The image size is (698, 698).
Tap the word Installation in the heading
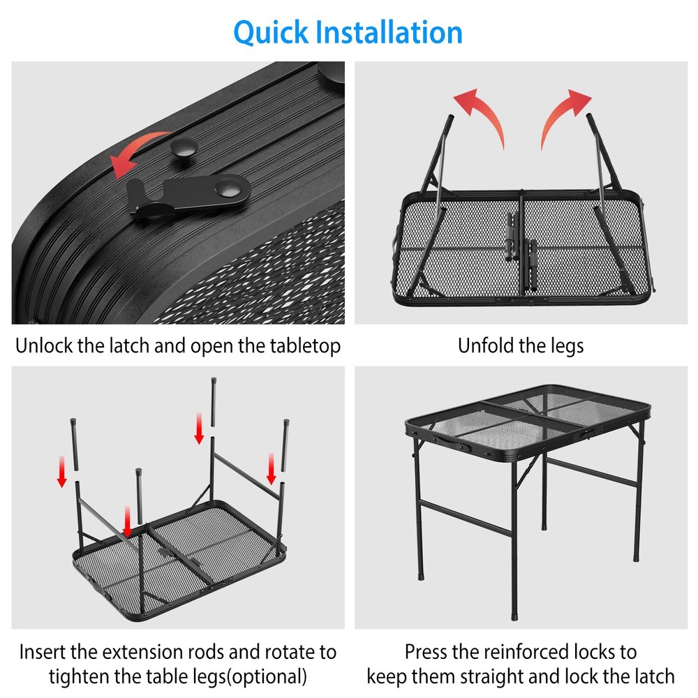(x=388, y=32)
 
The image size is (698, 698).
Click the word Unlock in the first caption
(x=45, y=346)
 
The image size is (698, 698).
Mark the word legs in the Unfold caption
(x=565, y=346)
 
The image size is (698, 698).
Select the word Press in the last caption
(x=427, y=653)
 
